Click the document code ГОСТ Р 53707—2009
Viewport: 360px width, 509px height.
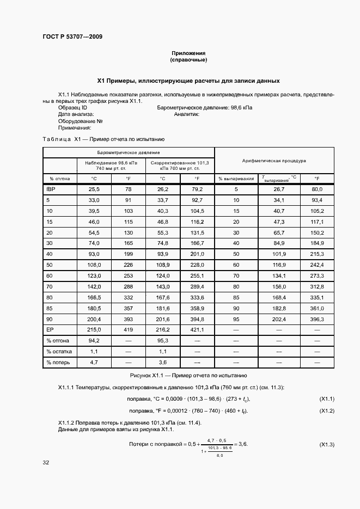(72, 37)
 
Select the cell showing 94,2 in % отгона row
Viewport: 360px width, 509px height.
(94, 341)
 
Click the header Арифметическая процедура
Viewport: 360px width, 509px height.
(273, 161)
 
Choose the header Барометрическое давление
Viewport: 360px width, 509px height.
(129, 152)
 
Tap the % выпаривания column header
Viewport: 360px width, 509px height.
(236, 178)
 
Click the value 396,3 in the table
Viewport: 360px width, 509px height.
(317, 320)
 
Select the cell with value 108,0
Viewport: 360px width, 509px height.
(94, 265)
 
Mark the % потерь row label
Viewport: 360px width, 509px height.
(57, 361)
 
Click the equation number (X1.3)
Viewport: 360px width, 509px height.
(326, 445)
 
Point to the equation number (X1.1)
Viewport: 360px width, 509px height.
(326, 400)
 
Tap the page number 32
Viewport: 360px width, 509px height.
(46, 463)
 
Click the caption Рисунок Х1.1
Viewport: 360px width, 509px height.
(188, 376)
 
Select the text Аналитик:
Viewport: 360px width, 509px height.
(187, 115)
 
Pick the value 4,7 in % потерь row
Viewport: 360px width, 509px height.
(94, 361)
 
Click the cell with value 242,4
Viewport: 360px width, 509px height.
(317, 265)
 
